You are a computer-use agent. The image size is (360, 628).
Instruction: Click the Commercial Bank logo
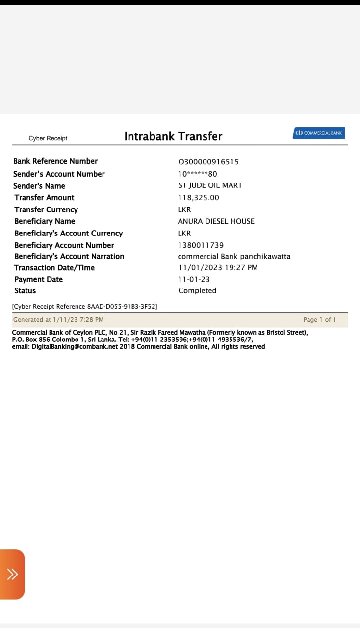pos(319,133)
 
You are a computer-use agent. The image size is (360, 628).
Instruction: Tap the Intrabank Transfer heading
pos(173,136)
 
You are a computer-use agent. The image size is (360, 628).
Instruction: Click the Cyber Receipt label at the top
pos(48,138)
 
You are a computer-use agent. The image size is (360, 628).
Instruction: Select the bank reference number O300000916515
pos(208,162)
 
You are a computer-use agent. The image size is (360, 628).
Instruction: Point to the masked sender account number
pos(198,174)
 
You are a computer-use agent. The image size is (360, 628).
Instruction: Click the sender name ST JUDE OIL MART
pos(210,185)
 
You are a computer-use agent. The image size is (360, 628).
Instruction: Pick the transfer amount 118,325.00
pos(199,198)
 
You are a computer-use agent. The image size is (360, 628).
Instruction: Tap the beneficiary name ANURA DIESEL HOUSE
pos(216,221)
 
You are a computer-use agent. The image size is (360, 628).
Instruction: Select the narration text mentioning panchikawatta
pos(234,256)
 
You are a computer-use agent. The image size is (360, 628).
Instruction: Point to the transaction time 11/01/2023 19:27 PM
pos(218,268)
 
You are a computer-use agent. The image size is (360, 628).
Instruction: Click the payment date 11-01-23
pos(194,279)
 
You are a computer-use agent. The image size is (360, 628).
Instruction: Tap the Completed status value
pos(197,291)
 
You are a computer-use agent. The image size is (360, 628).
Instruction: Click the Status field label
pos(25,291)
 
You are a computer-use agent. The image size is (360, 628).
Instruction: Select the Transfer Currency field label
pos(46,209)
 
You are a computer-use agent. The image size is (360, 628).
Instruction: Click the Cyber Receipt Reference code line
pos(84,307)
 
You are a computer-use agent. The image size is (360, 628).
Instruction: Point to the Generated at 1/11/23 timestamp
pos(58,320)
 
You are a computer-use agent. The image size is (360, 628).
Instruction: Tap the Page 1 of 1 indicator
pos(320,320)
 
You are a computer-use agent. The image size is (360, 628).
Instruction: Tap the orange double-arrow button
pos(12,574)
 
